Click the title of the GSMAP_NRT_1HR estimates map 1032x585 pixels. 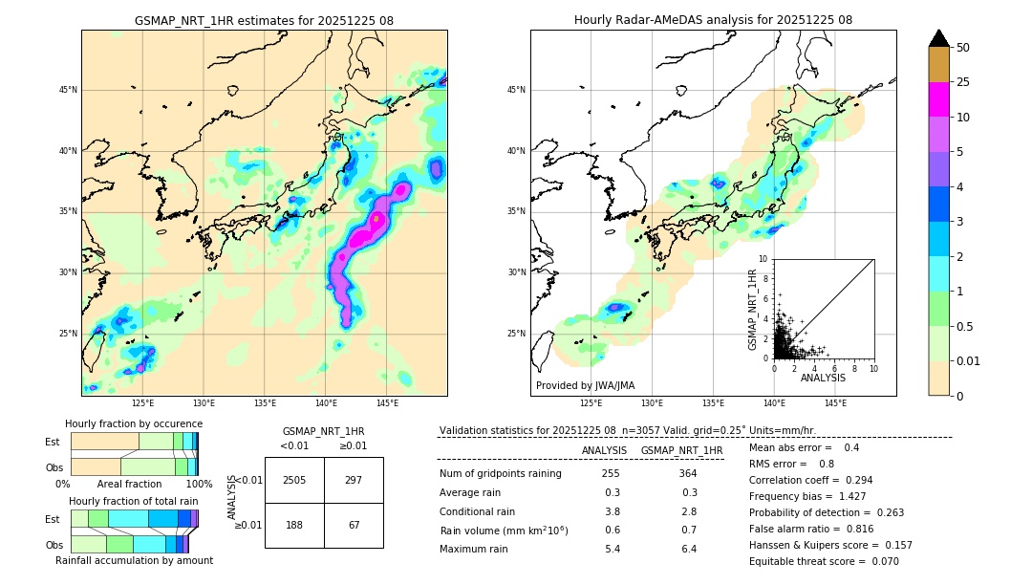click(264, 20)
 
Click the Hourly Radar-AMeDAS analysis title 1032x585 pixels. click(713, 20)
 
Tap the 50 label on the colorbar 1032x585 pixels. click(963, 48)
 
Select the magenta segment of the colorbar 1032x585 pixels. click(938, 99)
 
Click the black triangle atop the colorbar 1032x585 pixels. click(938, 38)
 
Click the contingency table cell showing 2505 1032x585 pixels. click(294, 480)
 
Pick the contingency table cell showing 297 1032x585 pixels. click(354, 480)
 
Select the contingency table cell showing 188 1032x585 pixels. click(294, 525)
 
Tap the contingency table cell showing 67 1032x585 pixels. click(354, 525)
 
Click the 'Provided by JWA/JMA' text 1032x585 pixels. click(585, 386)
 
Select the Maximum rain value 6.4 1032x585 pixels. click(689, 550)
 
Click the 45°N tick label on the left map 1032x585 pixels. click(68, 90)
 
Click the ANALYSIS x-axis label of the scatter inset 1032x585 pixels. click(823, 379)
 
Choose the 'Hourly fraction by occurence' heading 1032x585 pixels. click(134, 424)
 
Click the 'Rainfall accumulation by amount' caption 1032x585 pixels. click(134, 561)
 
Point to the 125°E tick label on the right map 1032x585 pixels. click(591, 403)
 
